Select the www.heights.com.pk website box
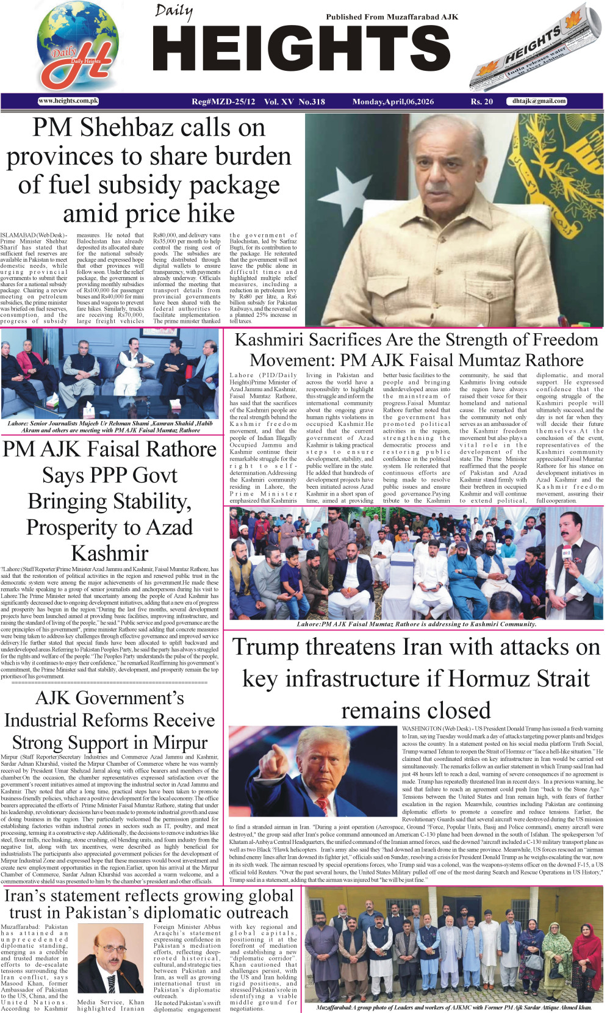[x=68, y=101]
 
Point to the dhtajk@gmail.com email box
[x=539, y=101]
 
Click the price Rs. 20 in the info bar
[x=481, y=101]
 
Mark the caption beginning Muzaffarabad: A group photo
[x=454, y=1007]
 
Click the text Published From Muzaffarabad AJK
[x=392, y=17]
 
